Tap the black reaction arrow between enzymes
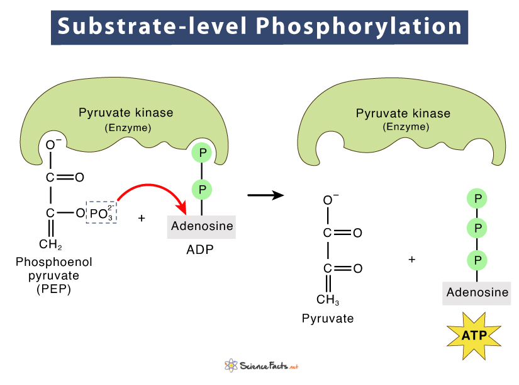click(264, 195)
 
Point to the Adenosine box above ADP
click(201, 226)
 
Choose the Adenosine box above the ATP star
click(477, 293)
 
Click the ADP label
click(200, 249)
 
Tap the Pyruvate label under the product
click(327, 318)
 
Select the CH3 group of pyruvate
click(328, 299)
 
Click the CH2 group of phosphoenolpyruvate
click(50, 244)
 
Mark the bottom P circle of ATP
click(477, 259)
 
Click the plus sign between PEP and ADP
click(142, 217)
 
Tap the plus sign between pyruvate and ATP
click(412, 259)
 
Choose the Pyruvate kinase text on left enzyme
click(126, 113)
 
